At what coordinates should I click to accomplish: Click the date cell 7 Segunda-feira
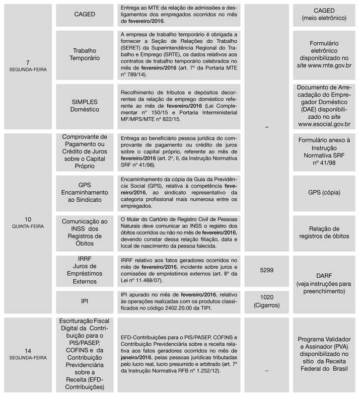[28, 66]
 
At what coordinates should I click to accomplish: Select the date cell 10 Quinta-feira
[28, 222]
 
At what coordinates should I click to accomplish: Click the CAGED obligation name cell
[84, 15]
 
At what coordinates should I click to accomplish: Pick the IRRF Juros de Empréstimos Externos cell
[84, 271]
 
